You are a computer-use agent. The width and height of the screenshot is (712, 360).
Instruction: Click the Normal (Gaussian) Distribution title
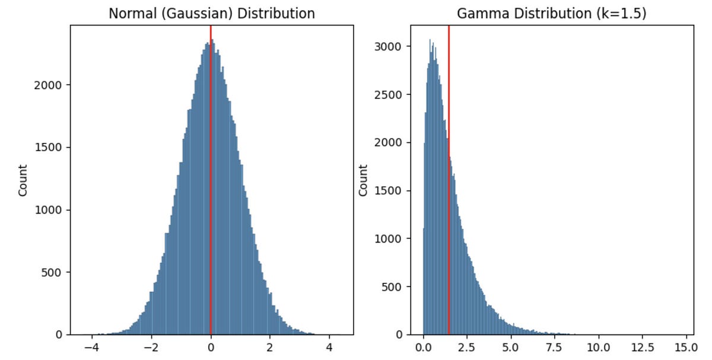point(212,13)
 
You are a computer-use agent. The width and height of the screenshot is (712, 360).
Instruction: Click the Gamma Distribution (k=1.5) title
point(552,13)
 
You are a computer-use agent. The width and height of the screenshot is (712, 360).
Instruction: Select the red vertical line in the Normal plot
point(211,178)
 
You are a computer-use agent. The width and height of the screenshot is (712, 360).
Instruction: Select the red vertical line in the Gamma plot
point(449,178)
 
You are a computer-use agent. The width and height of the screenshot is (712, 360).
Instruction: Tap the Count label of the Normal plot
point(23,180)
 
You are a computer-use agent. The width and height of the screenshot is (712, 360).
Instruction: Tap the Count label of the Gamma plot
point(363,180)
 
